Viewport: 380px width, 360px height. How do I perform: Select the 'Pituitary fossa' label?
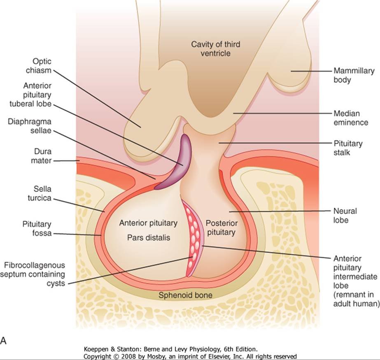tap(37, 229)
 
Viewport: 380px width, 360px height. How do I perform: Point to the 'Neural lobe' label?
tap(345, 216)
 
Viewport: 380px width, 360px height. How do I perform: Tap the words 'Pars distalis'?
tap(148, 238)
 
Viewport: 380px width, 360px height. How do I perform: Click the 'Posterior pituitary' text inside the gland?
tap(220, 228)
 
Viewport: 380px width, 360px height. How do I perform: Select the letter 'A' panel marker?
tap(4, 329)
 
